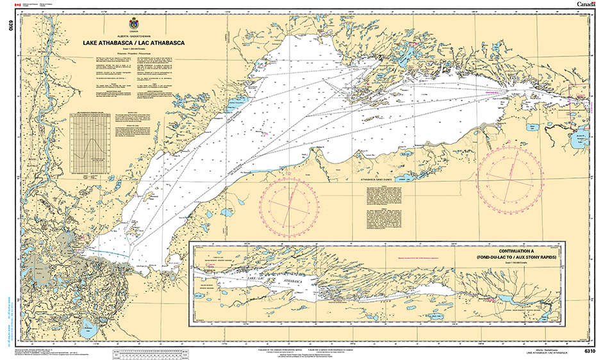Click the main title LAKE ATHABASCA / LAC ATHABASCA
(x=133, y=43)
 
